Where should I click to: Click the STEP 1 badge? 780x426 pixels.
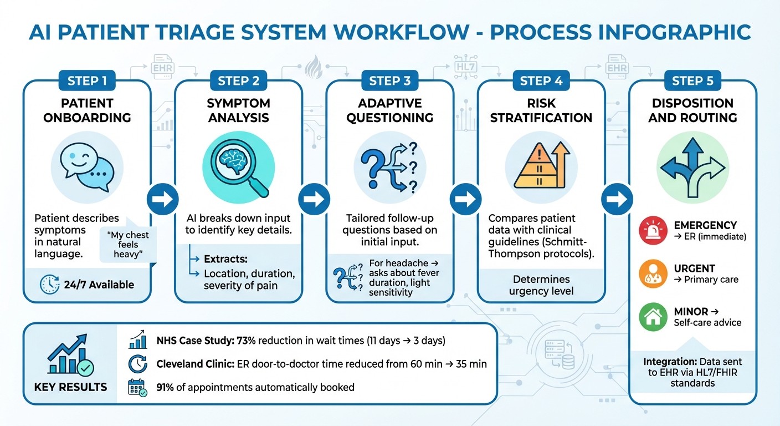(87, 81)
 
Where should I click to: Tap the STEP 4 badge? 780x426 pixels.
(541, 81)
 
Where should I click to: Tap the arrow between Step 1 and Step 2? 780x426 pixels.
(163, 199)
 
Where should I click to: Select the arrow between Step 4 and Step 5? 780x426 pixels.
(617, 199)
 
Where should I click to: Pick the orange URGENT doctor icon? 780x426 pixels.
(654, 274)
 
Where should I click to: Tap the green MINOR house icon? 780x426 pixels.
(654, 317)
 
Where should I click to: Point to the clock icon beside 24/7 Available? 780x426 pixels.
(51, 285)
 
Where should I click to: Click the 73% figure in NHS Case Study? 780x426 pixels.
(238, 341)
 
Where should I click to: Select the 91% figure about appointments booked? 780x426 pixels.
(165, 387)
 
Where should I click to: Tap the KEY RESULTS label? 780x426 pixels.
(70, 387)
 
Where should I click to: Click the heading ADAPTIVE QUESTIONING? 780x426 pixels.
(390, 110)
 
